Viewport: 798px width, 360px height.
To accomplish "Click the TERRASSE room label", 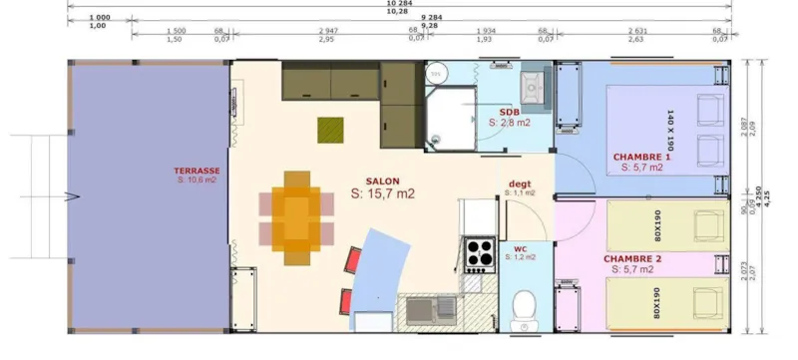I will [197, 171].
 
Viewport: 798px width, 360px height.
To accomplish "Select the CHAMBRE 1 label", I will [642, 157].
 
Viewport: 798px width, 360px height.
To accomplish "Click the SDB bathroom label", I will [510, 111].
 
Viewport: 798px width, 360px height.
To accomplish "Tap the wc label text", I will [520, 247].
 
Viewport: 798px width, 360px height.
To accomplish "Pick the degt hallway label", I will [520, 182].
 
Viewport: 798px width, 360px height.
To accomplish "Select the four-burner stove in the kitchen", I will [478, 254].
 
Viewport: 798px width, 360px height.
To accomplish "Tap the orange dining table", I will [296, 216].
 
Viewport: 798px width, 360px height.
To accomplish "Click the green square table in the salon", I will [329, 130].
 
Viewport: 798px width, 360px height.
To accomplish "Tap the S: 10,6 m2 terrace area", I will [197, 180].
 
